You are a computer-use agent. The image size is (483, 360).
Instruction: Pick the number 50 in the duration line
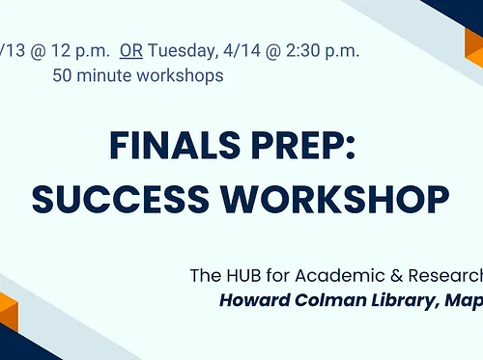point(65,75)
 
